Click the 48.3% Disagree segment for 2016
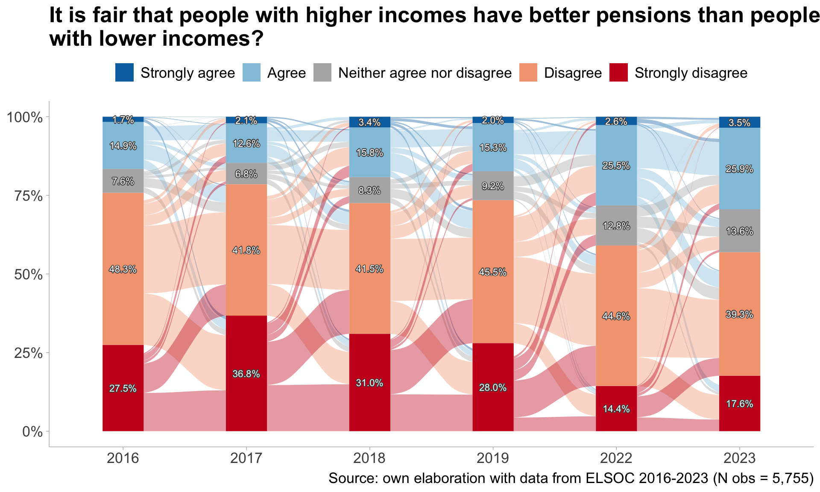pos(123,269)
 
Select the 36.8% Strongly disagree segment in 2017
pos(246,374)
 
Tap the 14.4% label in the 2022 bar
pos(616,409)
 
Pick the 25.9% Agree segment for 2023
pos(739,169)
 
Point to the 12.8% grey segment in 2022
pos(616,226)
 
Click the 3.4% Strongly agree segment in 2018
pos(369,122)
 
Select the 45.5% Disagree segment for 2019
pos(493,272)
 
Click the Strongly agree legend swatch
pos(124,73)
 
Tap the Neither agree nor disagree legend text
pos(425,73)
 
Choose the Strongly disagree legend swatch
pos(618,73)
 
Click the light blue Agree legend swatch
pos(252,73)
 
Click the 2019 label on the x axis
pos(493,458)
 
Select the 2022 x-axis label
pos(616,458)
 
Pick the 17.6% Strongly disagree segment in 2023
pos(739,404)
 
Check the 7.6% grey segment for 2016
pos(123,181)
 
